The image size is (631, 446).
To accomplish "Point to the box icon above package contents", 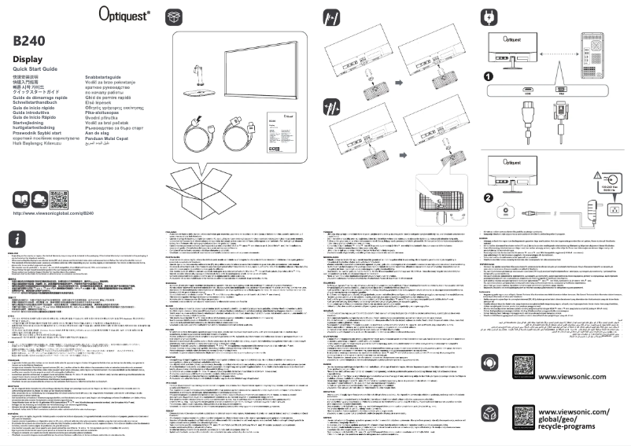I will click(x=174, y=18).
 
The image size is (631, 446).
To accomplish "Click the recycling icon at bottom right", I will click(x=489, y=416).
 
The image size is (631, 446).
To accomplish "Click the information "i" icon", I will click(x=19, y=238).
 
